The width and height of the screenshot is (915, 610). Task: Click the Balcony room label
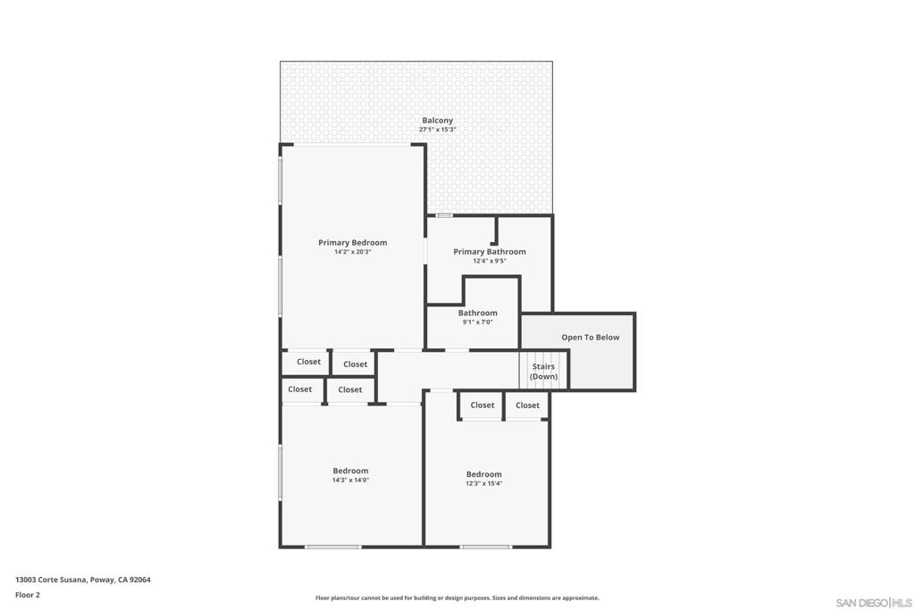click(437, 121)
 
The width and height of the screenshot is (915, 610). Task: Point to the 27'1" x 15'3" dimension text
click(437, 130)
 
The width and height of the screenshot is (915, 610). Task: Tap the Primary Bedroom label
click(352, 243)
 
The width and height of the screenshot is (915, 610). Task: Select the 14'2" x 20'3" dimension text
click(352, 253)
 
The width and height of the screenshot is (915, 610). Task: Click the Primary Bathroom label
click(489, 252)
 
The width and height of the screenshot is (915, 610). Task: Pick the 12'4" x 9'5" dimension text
click(489, 262)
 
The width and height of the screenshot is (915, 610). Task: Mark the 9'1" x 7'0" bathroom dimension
click(477, 322)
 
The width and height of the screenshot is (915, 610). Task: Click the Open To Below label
click(590, 338)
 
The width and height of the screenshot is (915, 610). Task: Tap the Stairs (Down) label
click(543, 372)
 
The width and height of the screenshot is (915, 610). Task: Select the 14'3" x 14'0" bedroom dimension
click(350, 480)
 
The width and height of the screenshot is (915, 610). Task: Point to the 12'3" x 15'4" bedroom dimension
click(483, 484)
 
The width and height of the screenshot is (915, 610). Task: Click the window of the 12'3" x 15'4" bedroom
click(486, 547)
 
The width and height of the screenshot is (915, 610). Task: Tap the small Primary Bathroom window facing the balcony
click(444, 215)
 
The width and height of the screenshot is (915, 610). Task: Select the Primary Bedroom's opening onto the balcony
click(353, 145)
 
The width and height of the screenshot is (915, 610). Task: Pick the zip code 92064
click(140, 580)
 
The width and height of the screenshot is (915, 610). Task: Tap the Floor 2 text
click(28, 595)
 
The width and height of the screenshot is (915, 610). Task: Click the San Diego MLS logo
click(873, 603)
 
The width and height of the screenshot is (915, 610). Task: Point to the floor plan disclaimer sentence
click(457, 598)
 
